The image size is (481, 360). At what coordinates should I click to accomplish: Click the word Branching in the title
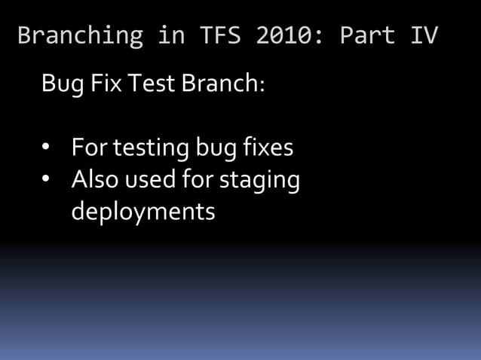click(x=80, y=35)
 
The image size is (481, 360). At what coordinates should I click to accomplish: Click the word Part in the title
click(x=367, y=35)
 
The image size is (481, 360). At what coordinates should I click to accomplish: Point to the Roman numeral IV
click(x=424, y=35)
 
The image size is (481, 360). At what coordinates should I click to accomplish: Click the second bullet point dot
click(x=47, y=180)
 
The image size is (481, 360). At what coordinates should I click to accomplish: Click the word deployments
click(x=143, y=212)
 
